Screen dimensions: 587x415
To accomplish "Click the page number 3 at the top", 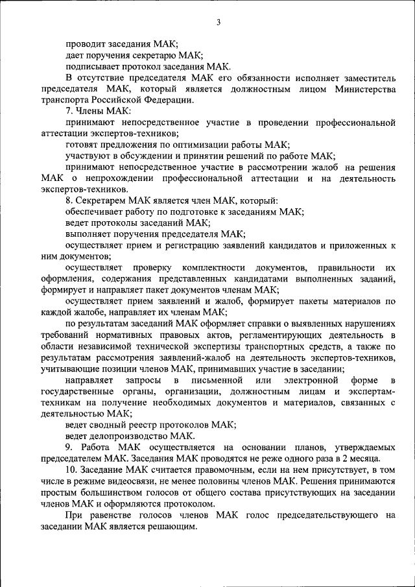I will click(219, 23).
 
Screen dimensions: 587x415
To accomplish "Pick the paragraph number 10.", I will click(70, 470).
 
